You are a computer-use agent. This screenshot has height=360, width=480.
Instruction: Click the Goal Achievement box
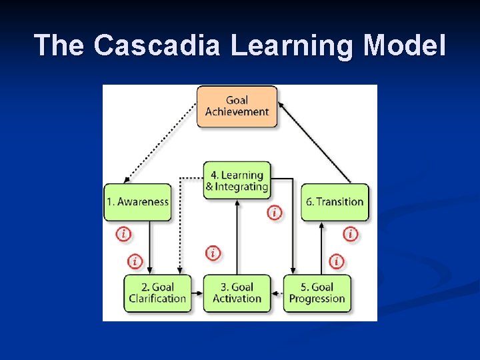coord(237,106)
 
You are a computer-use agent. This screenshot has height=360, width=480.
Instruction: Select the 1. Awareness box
coord(138,202)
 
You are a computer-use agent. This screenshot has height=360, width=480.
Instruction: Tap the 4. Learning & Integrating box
coord(237,181)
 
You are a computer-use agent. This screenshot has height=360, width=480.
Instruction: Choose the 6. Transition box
coord(335,202)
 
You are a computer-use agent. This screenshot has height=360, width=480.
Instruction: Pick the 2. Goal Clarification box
coord(157,293)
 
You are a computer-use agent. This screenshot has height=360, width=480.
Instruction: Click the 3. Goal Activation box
coord(237,293)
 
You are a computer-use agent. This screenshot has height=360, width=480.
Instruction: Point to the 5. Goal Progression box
coord(317,293)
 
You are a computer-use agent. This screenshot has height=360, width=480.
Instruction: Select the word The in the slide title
coord(61,45)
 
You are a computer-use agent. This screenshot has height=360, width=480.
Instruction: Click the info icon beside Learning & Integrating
coord(275,213)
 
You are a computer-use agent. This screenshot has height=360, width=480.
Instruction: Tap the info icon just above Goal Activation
coord(213,253)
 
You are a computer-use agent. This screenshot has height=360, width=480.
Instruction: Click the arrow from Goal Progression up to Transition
coord(322,247)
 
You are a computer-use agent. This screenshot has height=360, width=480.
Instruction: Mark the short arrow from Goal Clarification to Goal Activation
coord(197,293)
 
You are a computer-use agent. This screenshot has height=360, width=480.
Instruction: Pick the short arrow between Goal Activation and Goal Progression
coord(277,293)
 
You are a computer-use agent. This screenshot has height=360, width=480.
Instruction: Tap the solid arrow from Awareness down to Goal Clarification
coord(148,247)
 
